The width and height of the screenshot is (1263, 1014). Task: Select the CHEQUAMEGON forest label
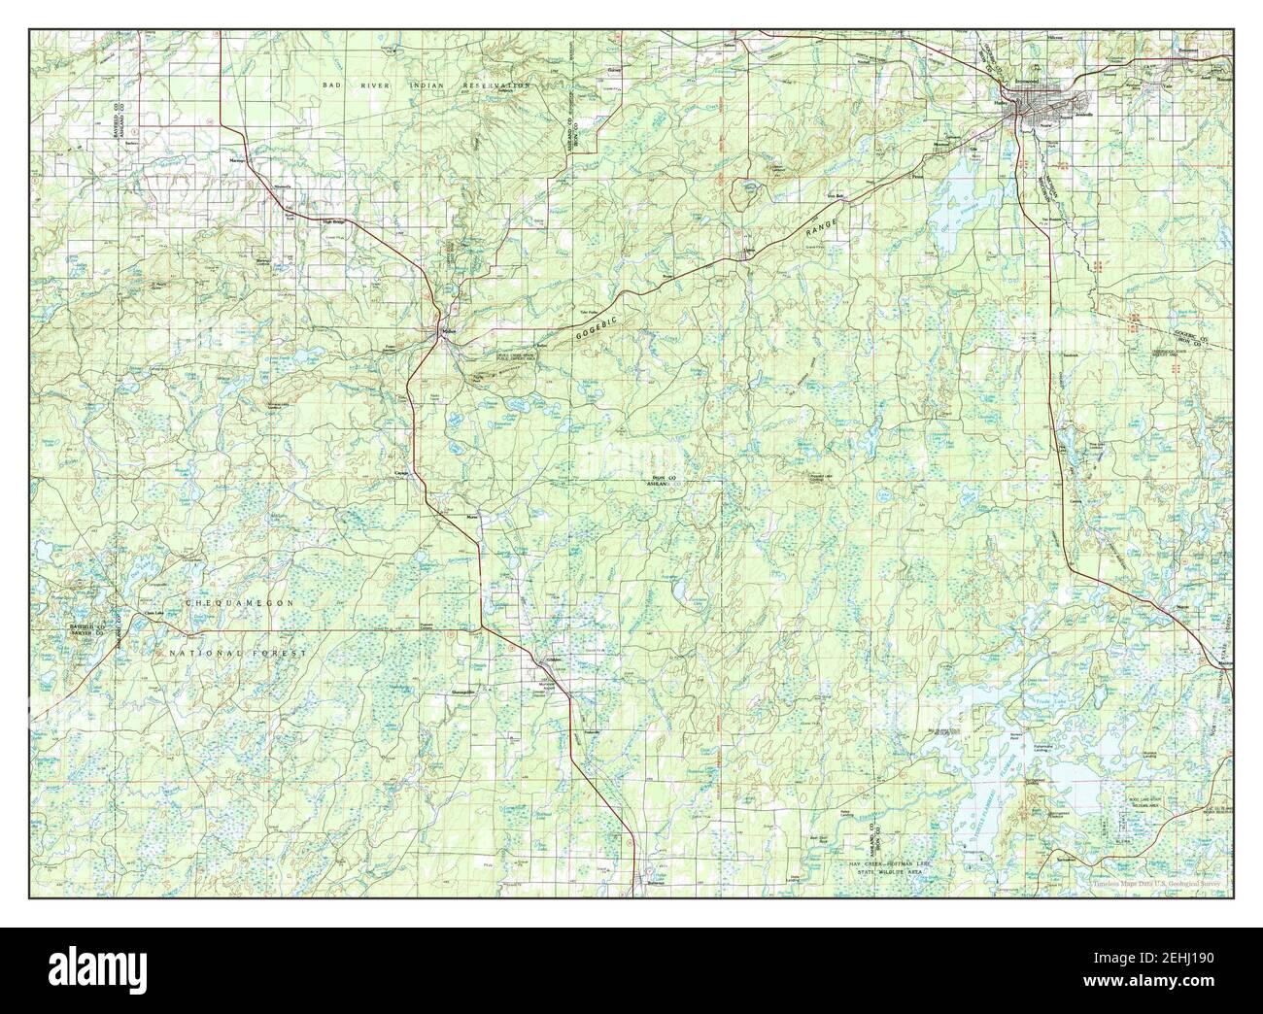click(x=239, y=604)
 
